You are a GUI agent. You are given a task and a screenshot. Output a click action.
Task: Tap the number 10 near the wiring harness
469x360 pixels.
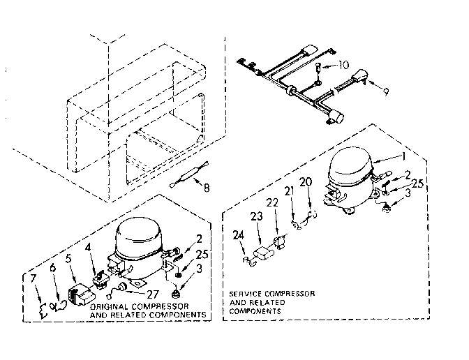(343, 66)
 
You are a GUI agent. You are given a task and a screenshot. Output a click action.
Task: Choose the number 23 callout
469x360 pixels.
(257, 218)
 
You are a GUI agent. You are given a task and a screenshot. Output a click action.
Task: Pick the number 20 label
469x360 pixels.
(305, 182)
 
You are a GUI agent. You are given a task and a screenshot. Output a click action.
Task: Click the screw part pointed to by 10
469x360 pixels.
(318, 68)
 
